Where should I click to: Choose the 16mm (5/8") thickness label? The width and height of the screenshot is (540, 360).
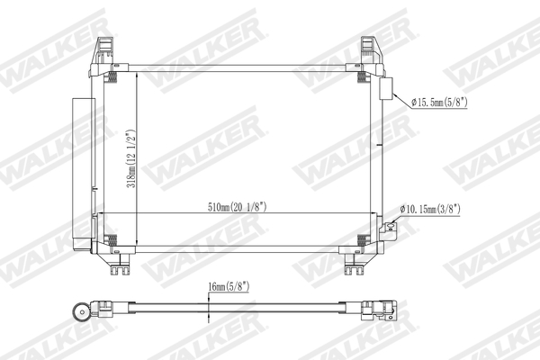228,289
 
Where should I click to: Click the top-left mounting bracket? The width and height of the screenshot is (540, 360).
103,49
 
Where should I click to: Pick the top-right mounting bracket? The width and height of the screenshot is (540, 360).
371,49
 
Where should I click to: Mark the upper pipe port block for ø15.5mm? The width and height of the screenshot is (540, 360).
387,89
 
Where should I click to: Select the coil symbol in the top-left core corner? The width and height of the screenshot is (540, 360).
112,77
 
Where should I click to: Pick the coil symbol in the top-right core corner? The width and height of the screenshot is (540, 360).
362,77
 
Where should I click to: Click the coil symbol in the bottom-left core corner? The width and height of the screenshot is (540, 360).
112,239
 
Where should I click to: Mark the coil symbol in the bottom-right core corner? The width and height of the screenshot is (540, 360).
362,239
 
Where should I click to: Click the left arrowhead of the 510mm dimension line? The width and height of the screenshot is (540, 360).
101,213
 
